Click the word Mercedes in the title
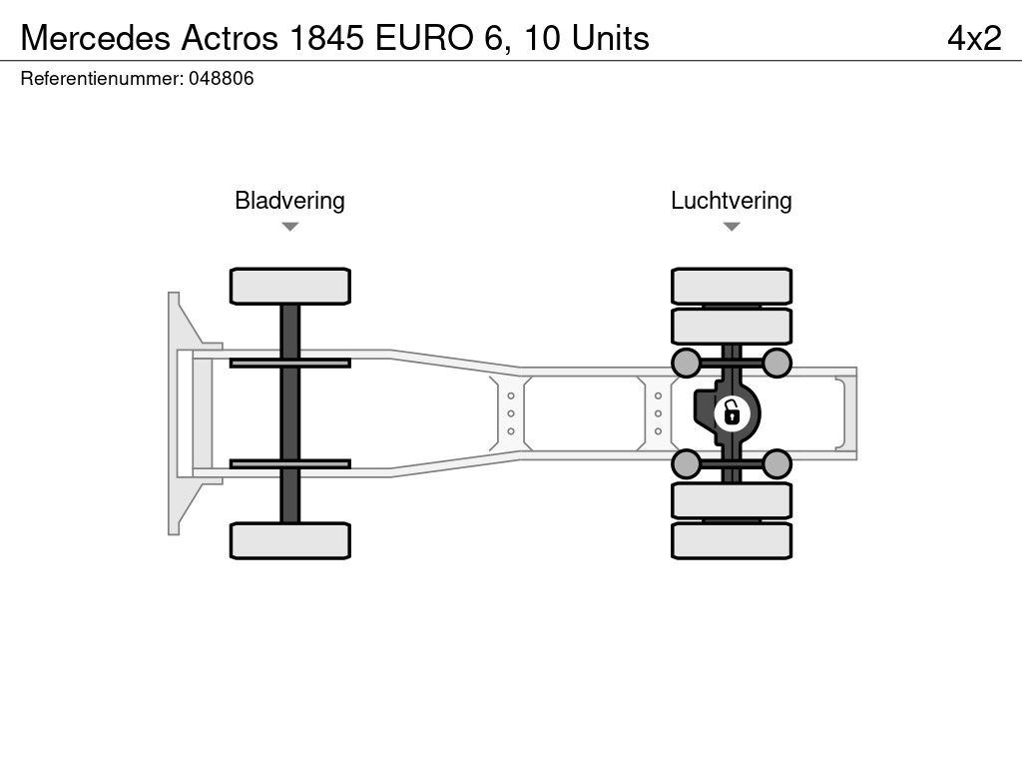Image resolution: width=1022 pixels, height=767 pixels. (97, 38)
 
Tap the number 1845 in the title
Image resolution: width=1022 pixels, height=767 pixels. (326, 38)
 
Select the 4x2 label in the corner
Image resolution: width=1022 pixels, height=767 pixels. (974, 38)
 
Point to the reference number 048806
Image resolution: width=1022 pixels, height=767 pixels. (221, 78)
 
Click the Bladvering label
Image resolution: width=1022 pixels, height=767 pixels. (289, 200)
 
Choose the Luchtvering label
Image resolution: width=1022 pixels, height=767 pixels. (732, 200)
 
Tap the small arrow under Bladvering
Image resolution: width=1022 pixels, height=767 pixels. (290, 227)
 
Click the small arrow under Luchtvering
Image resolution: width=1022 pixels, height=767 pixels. (732, 227)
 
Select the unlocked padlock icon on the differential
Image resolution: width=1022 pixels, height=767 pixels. (732, 412)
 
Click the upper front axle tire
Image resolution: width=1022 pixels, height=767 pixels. (290, 286)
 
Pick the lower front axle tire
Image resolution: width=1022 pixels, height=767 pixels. (290, 540)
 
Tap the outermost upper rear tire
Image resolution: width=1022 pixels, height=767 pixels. (732, 286)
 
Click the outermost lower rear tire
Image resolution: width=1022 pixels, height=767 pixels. (732, 540)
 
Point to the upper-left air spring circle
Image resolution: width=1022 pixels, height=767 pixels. (686, 363)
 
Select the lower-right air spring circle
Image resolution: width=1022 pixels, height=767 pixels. (776, 464)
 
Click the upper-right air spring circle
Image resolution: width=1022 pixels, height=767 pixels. (776, 363)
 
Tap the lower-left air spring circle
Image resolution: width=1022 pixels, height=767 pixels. (686, 464)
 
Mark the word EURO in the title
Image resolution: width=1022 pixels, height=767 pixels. (424, 38)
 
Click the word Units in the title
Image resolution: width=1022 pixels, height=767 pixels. (610, 38)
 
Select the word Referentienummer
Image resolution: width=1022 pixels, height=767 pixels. (102, 78)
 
